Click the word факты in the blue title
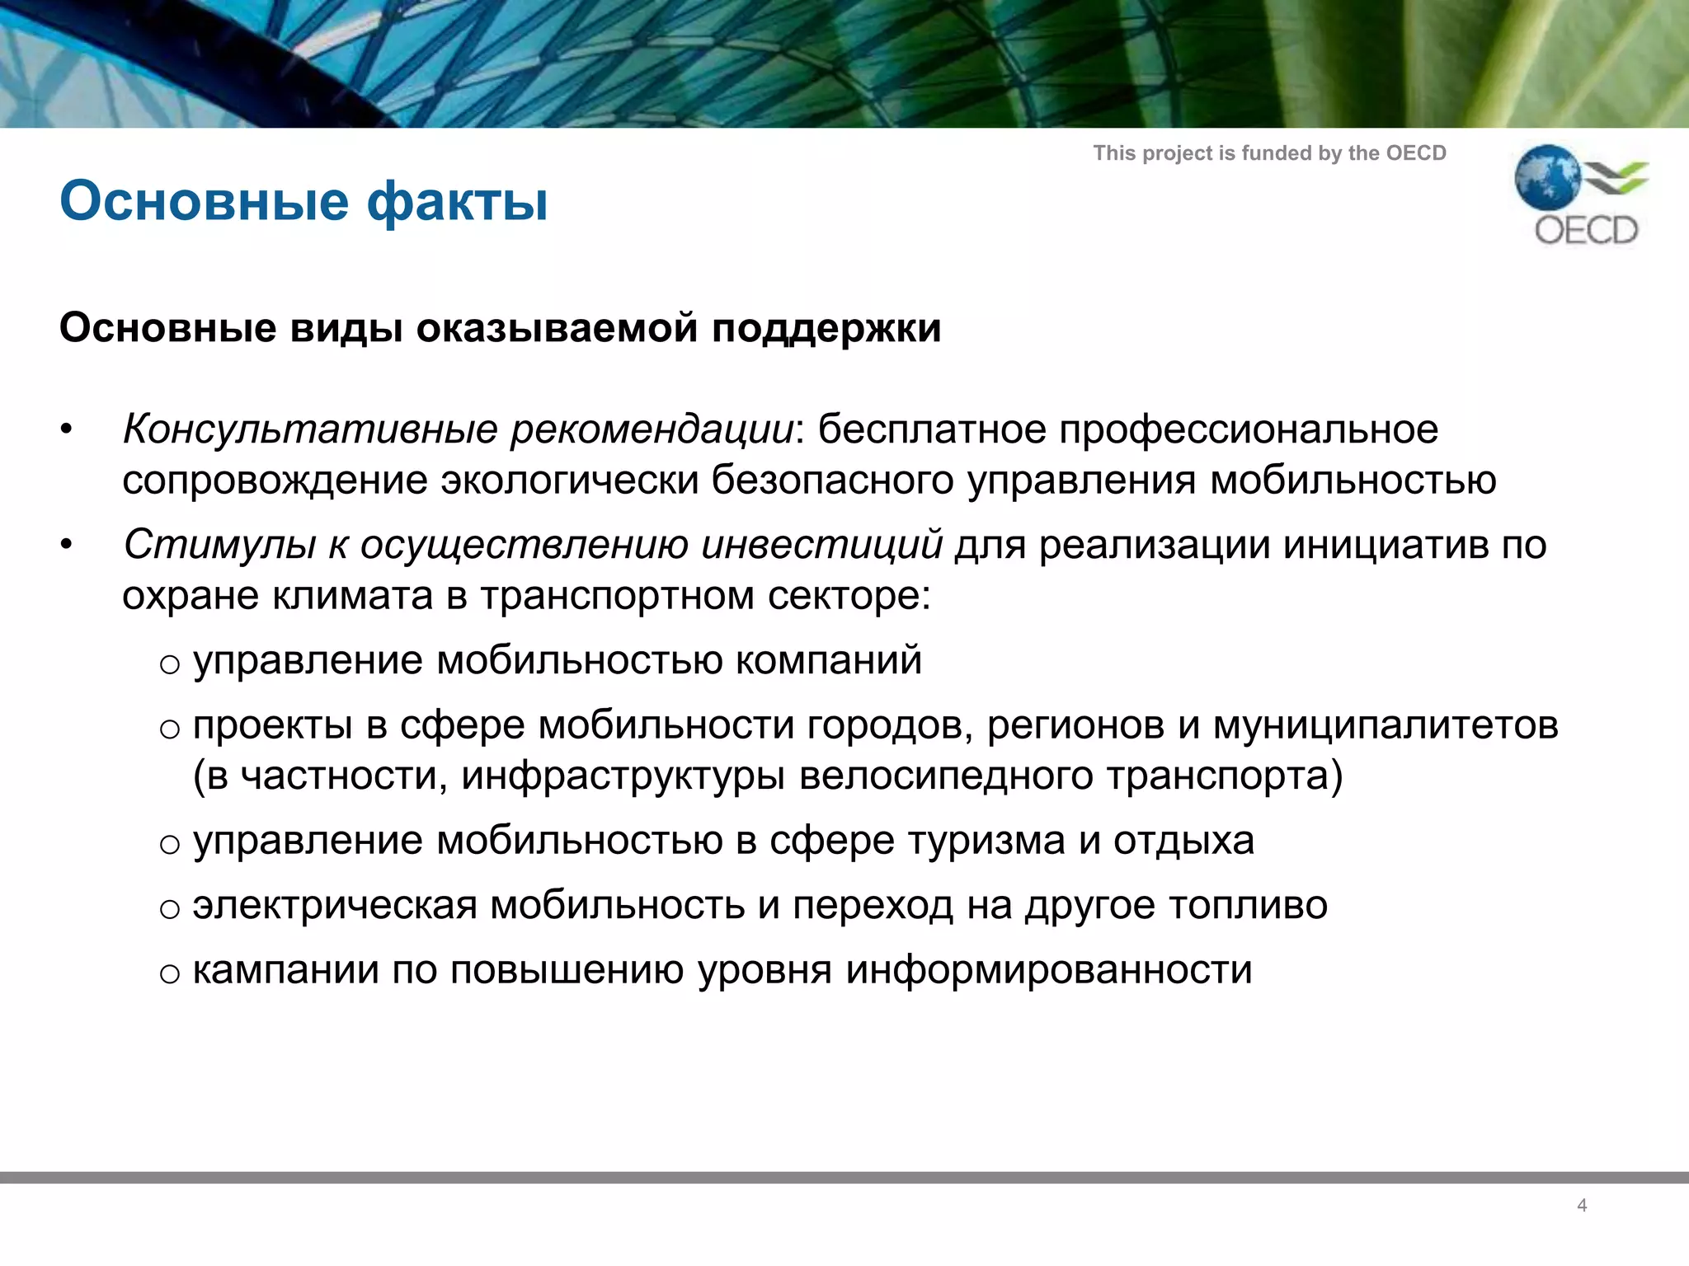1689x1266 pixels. tap(458, 202)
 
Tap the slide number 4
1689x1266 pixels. tap(1582, 1205)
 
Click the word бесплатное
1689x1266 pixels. tap(931, 429)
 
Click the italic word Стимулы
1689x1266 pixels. tap(219, 545)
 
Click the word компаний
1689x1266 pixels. tap(828, 661)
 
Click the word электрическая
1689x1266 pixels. tap(335, 906)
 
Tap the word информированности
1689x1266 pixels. tap(1049, 970)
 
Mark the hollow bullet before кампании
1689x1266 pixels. tap(170, 974)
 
